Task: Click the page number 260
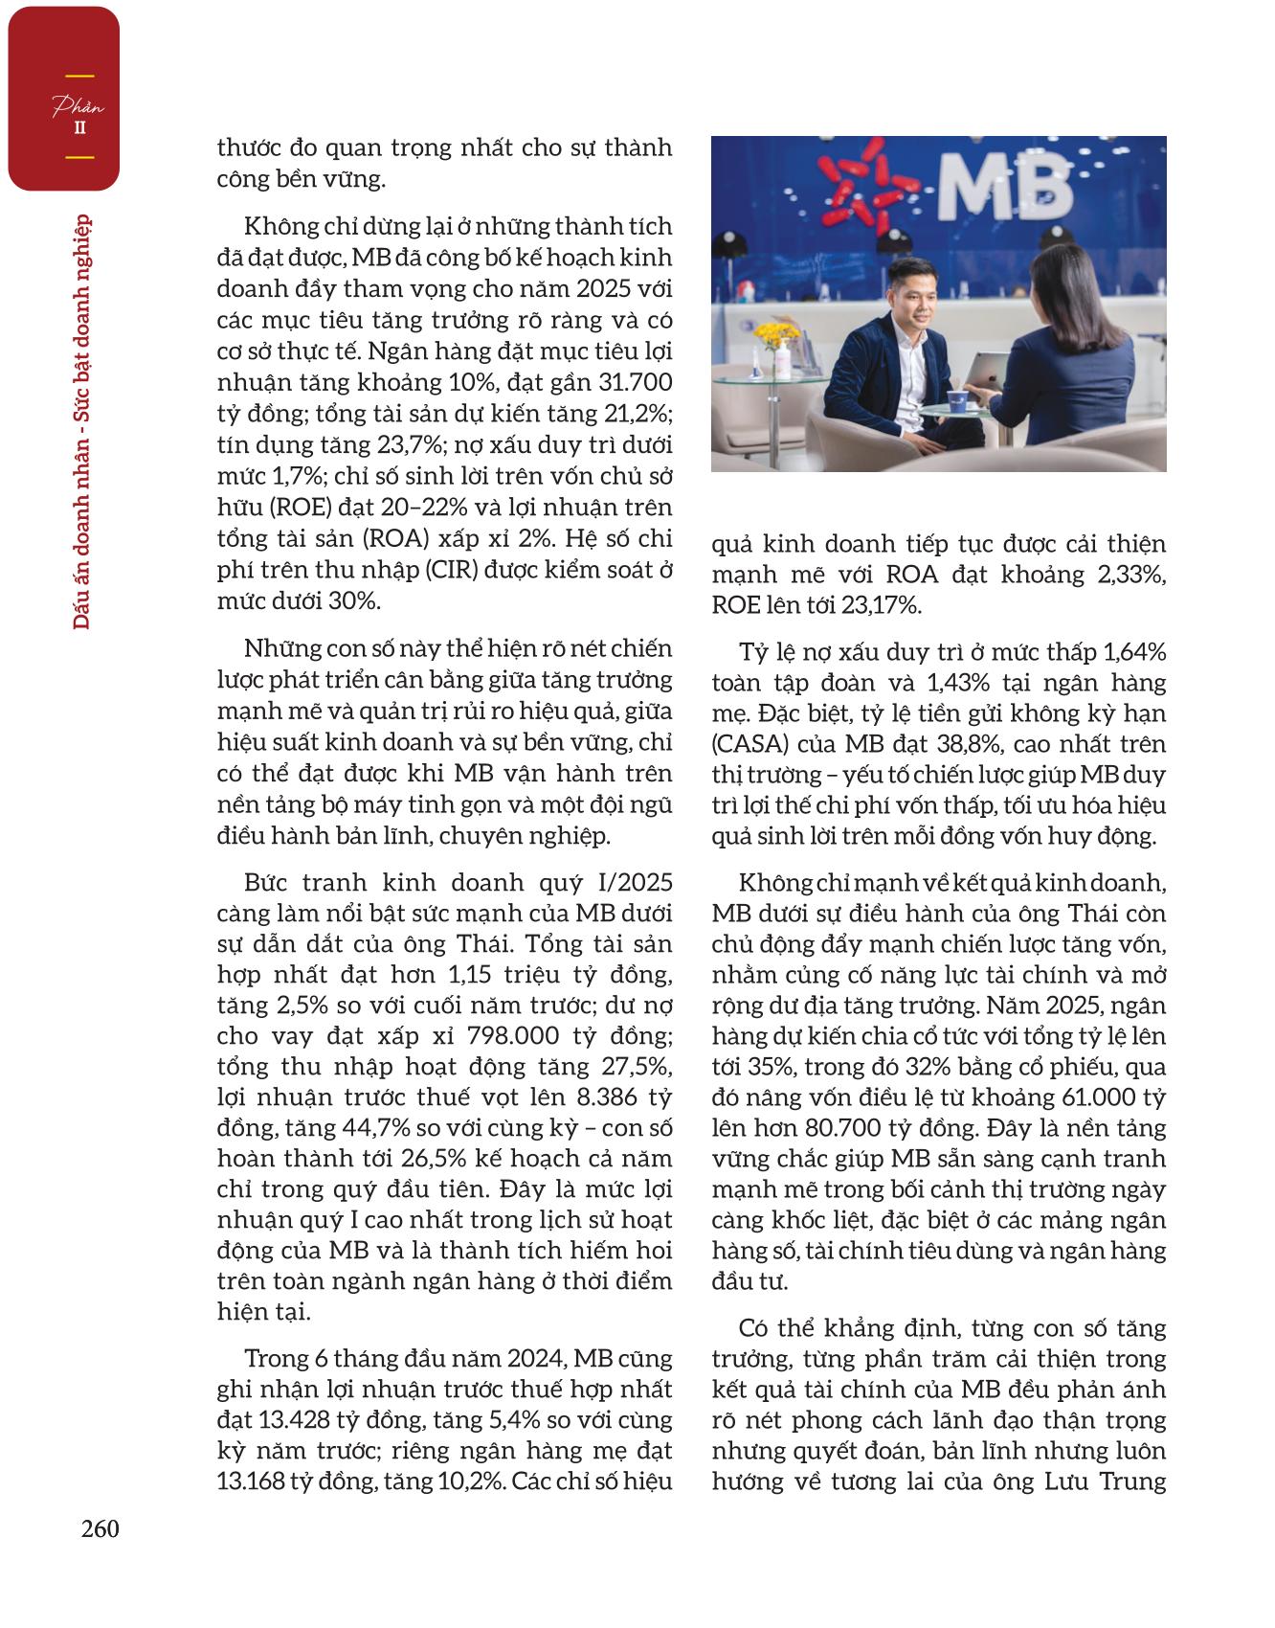pos(100,1528)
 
